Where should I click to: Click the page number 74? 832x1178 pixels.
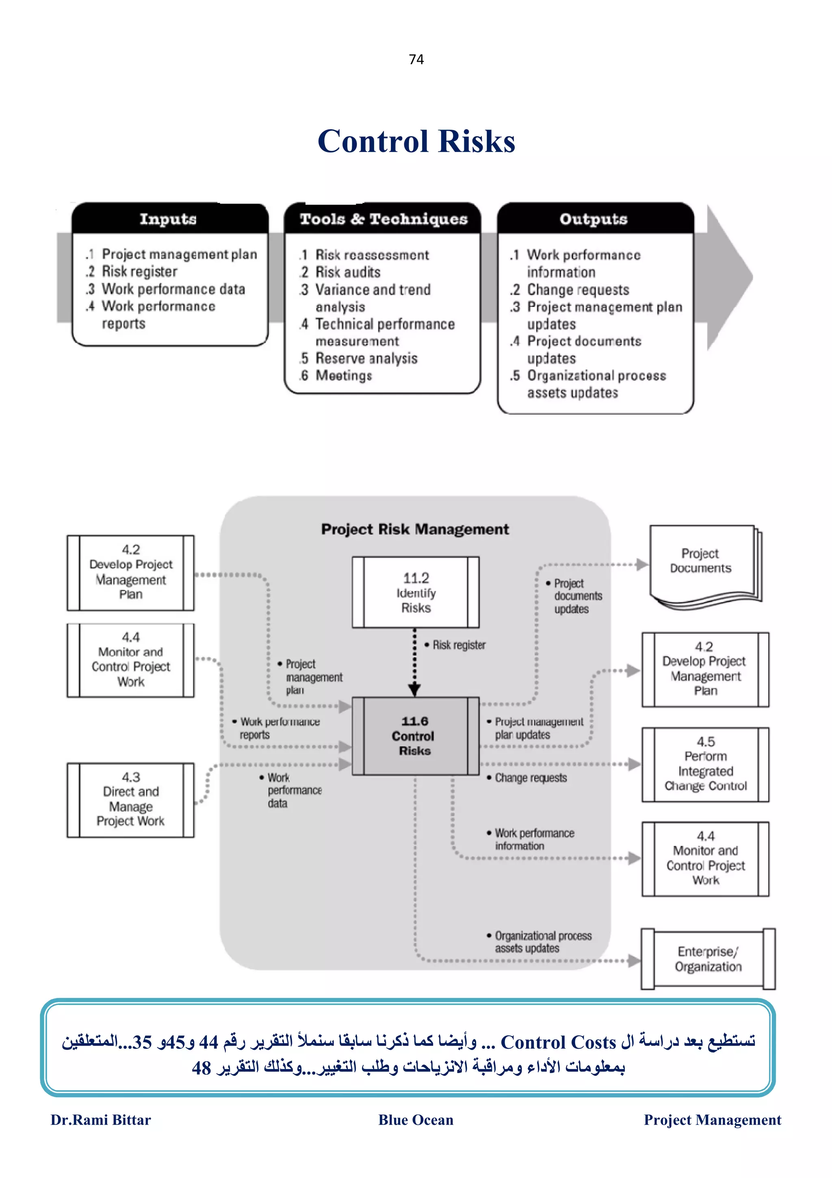pos(416,59)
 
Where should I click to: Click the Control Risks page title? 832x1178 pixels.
pos(416,141)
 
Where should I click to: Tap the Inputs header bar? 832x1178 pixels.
pos(169,219)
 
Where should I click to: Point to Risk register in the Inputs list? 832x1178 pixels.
pos(139,272)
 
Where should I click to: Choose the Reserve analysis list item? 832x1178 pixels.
pos(366,358)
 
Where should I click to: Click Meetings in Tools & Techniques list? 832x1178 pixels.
pos(343,376)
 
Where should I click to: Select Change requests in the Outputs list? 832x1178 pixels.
pos(577,290)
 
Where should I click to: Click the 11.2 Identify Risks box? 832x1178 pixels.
pos(415,593)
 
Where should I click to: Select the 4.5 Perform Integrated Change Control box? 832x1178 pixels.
pos(705,764)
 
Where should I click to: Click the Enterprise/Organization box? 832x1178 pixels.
pos(707,959)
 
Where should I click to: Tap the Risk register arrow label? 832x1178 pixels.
pos(458,645)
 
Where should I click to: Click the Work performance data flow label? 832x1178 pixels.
pos(293,791)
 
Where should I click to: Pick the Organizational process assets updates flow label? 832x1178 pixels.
pos(542,942)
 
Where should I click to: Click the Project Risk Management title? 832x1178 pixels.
pos(415,529)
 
